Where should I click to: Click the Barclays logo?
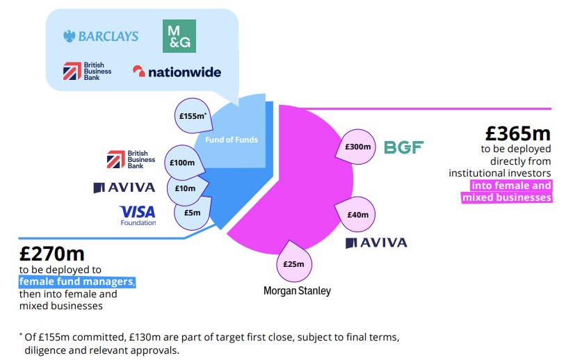coord(101,36)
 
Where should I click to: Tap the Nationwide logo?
coord(177,72)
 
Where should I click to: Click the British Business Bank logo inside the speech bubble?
coord(82,72)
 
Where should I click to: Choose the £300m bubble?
coord(360,147)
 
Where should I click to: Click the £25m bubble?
coord(294,263)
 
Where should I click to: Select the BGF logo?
coord(403,147)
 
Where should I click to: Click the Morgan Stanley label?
coord(297,291)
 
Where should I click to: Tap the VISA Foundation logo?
coord(138,215)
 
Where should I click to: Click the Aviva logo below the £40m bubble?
coord(376,243)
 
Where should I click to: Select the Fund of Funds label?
coord(232,140)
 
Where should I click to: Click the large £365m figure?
coord(518,133)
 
